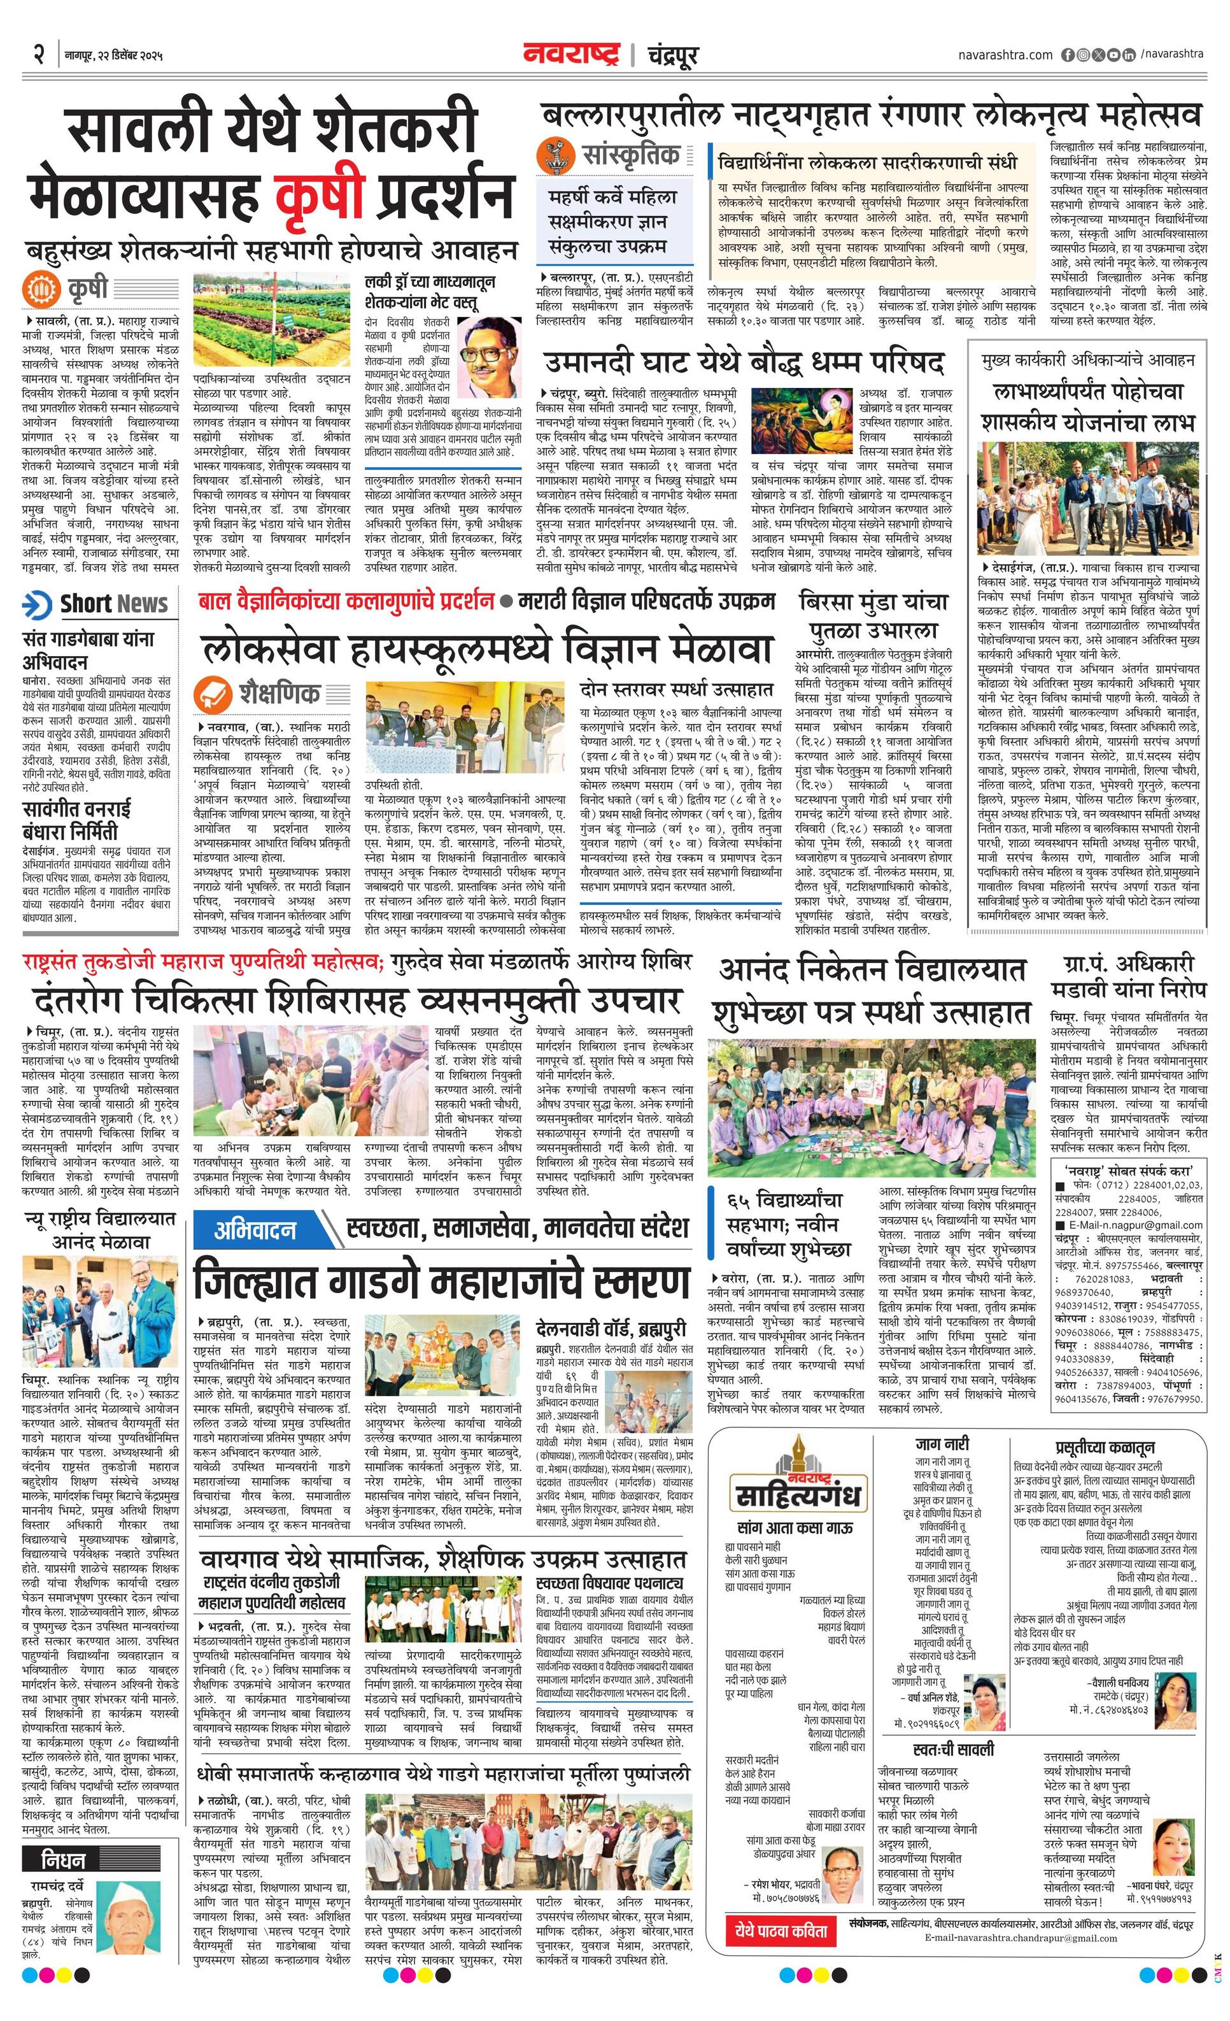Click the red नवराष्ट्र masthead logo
click(x=572, y=55)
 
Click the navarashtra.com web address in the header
click(x=1005, y=55)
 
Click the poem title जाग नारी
click(x=942, y=1443)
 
